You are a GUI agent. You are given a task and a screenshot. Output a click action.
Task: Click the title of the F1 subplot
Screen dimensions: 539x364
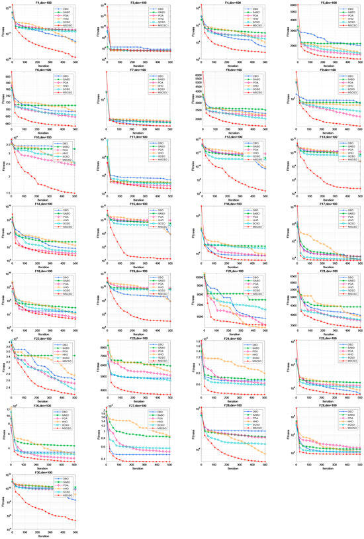43,3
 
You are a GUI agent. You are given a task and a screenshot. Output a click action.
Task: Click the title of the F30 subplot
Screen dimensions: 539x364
43,472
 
